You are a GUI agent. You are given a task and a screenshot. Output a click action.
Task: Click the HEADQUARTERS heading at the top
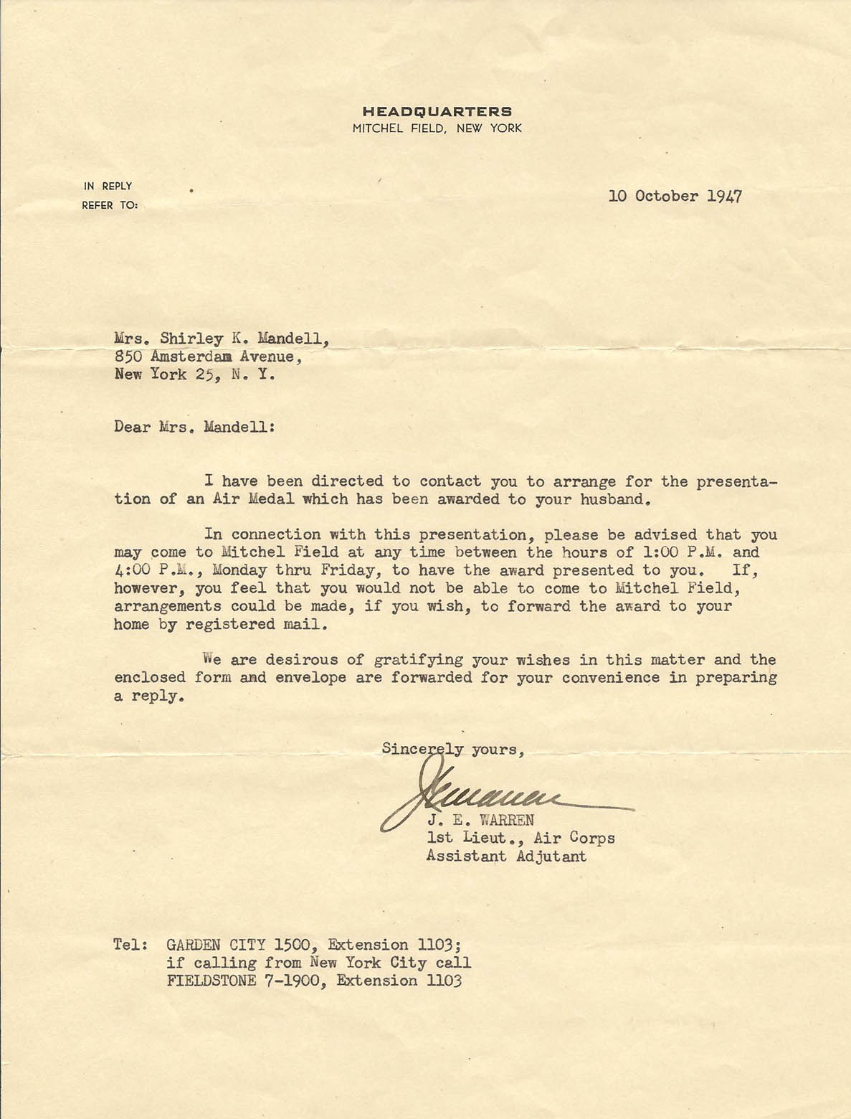pyautogui.click(x=437, y=111)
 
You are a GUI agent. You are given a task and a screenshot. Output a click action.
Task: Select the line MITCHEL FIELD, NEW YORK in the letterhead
pyautogui.click(x=437, y=129)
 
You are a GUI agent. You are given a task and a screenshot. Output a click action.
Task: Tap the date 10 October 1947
pyautogui.click(x=675, y=196)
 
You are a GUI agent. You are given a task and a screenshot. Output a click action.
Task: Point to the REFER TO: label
pyautogui.click(x=110, y=205)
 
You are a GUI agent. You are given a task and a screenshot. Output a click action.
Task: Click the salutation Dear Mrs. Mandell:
pyautogui.click(x=194, y=428)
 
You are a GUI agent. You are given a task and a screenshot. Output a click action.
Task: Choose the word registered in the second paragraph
pyautogui.click(x=229, y=624)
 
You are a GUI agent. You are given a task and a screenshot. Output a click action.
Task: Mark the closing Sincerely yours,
pyautogui.click(x=453, y=749)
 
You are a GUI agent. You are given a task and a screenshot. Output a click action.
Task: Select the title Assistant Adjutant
pyautogui.click(x=506, y=856)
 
